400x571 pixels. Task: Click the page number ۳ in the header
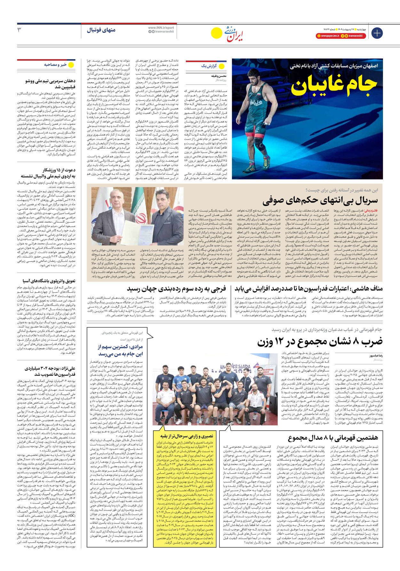(x=19, y=30)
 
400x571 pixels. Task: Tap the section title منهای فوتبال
(x=101, y=30)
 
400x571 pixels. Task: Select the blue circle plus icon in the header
(x=377, y=33)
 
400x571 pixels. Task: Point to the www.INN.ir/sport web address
(x=161, y=28)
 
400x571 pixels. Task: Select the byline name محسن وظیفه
(x=219, y=76)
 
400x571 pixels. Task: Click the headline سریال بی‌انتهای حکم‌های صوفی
(x=320, y=201)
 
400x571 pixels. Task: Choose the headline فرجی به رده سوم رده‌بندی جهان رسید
(x=176, y=289)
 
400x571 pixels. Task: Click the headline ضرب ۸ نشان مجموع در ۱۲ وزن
(x=320, y=342)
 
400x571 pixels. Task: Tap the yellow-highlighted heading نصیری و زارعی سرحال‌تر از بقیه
(x=187, y=436)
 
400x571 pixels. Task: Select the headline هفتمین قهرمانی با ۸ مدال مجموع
(x=333, y=438)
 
